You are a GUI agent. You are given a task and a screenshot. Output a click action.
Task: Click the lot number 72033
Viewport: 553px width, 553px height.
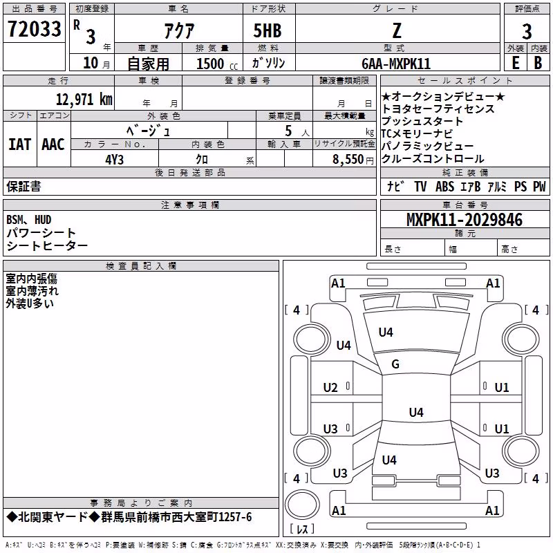34,29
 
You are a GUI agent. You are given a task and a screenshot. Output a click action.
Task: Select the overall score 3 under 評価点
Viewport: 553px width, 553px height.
527,31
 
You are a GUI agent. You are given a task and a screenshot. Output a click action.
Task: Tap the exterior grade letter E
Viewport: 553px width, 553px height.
515,63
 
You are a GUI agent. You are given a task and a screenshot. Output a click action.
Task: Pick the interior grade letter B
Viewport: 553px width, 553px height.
538,63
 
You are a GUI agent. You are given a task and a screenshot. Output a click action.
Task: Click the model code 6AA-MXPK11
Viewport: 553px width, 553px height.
396,64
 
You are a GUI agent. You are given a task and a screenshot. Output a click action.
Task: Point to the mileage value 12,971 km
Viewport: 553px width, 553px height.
84,99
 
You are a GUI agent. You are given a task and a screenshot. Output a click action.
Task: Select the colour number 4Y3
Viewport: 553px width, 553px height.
114,160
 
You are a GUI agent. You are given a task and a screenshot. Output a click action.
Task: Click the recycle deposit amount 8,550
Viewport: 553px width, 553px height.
348,160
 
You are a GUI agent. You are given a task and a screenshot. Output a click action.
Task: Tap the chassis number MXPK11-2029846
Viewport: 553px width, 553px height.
465,220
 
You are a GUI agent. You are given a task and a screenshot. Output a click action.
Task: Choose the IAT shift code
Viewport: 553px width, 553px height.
19,144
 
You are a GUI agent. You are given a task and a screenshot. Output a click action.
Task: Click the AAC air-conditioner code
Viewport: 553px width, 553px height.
53,144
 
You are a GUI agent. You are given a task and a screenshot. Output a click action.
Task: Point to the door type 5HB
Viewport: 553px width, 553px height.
268,30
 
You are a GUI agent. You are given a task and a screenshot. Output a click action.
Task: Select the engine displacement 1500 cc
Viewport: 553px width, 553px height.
217,64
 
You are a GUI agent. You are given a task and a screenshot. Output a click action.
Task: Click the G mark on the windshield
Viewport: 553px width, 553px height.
395,364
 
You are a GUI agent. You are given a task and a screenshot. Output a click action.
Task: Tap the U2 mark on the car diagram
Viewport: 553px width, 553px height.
330,388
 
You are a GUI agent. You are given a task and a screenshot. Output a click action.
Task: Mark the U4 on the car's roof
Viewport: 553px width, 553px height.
416,412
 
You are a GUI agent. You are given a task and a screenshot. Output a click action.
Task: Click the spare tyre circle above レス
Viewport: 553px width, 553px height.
302,504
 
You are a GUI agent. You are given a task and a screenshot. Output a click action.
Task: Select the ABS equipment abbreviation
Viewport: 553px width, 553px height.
444,186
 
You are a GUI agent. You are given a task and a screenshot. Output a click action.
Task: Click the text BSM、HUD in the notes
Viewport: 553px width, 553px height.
28,220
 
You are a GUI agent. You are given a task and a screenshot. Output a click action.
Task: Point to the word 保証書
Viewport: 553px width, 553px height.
24,186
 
